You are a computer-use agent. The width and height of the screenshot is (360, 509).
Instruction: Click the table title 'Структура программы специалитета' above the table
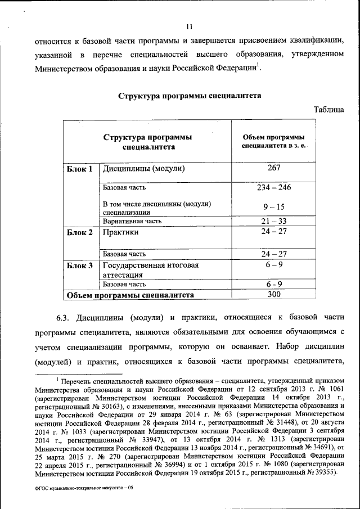click(189, 96)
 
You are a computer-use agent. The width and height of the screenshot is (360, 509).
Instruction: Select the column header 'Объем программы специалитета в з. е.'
click(273, 142)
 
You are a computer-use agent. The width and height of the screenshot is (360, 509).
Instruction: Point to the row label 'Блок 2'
click(79, 232)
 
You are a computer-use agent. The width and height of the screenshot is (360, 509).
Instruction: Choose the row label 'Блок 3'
click(79, 265)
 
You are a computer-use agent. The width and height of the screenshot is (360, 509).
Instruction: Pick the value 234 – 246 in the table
click(273, 187)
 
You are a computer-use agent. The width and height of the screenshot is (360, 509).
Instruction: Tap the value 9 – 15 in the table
click(273, 207)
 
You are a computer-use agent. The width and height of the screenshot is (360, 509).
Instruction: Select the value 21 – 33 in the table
click(273, 221)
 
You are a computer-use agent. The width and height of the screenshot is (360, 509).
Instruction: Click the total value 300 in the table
click(273, 294)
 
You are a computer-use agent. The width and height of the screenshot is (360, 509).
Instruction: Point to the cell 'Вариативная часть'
click(132, 222)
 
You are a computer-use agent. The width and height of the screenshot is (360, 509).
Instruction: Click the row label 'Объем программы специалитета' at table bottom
click(130, 295)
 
